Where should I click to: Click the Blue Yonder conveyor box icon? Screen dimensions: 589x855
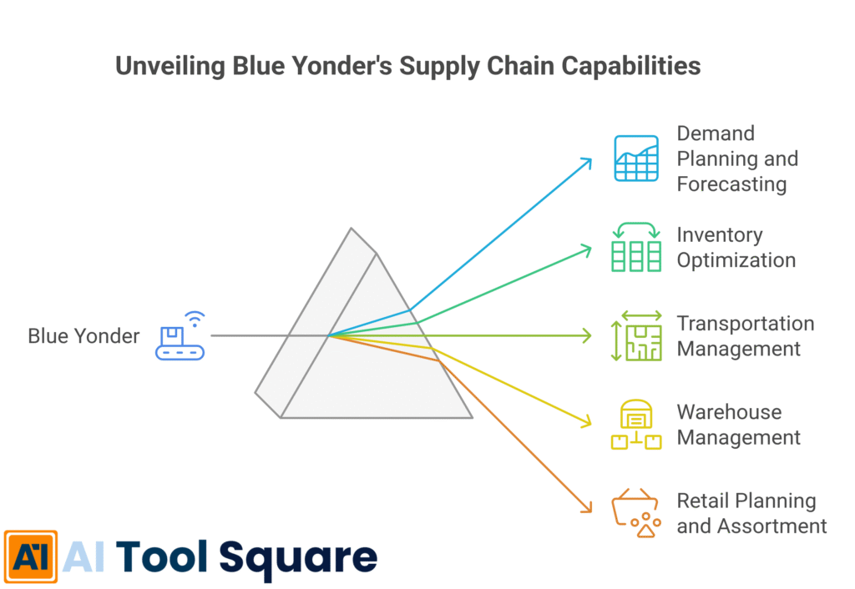click(180, 336)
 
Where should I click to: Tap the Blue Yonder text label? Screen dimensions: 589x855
click(83, 336)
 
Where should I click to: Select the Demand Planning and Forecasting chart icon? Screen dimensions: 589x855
click(637, 158)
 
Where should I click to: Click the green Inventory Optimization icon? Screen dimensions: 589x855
click(636, 246)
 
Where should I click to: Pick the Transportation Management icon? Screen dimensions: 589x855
click(636, 335)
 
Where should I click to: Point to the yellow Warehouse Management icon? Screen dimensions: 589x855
click(636, 425)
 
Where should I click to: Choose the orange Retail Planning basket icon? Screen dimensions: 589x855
click(637, 513)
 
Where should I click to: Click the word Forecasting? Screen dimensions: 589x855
click(731, 184)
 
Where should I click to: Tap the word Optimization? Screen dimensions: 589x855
click(736, 260)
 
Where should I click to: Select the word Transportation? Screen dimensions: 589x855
click(745, 323)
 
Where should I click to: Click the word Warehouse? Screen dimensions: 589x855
click(729, 412)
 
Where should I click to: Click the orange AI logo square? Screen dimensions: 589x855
click(31, 556)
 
